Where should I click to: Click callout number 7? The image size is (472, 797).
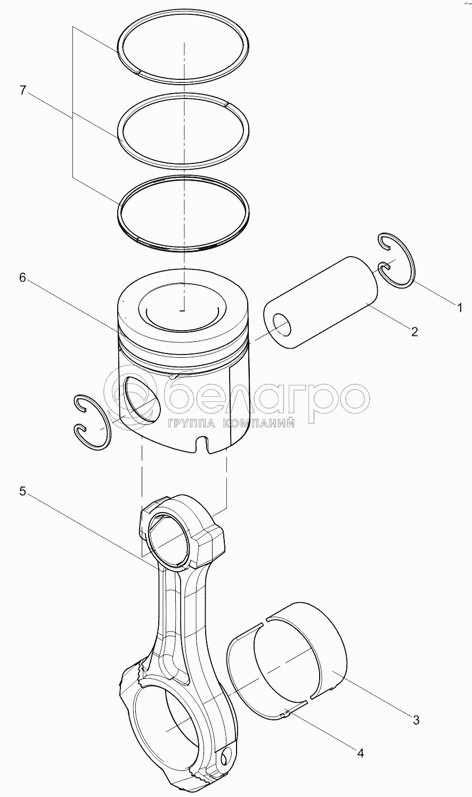tap(23, 91)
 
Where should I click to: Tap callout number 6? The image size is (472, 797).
tap(22, 277)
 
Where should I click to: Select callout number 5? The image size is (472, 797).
tap(22, 492)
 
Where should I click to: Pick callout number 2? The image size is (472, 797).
tap(414, 332)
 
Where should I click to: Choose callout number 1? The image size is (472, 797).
tap(460, 308)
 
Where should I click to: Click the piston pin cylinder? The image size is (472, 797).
tap(320, 302)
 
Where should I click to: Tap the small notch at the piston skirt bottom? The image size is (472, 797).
tap(202, 443)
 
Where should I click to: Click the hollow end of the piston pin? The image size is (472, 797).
tap(282, 324)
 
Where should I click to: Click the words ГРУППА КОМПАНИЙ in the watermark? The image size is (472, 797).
tap(231, 423)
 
